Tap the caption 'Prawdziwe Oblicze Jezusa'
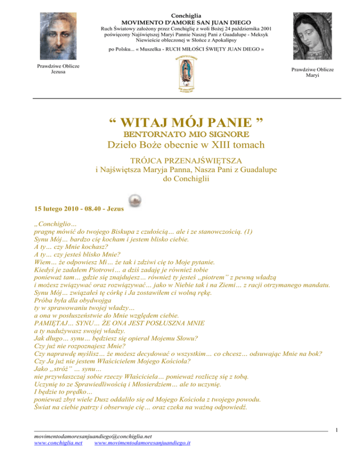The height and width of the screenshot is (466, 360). (51, 69)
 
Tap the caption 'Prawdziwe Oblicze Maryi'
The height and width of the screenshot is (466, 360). (312, 72)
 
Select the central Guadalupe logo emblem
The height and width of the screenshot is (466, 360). (180, 73)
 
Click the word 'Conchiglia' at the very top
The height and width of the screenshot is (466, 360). (180, 16)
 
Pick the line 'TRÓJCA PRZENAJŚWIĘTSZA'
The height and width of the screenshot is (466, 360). (180, 163)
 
